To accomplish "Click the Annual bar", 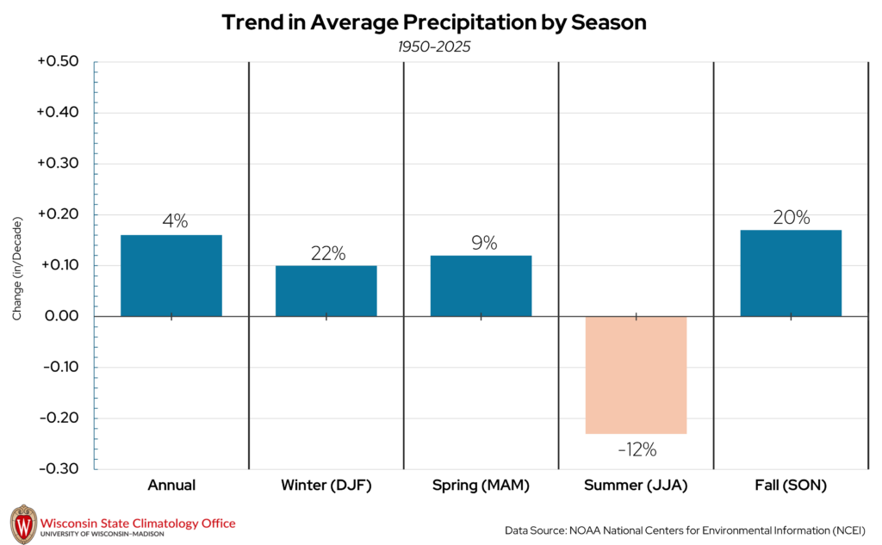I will point(171,276).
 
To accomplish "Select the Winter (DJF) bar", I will point(326,291).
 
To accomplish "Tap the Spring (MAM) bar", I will point(481,286).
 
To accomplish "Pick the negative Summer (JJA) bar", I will point(636,375).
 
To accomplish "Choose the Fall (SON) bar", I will point(791,273).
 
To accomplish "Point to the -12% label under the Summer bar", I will point(636,449).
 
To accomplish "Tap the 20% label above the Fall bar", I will point(791,218).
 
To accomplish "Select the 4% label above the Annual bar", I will point(175,221).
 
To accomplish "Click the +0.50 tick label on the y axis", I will point(58,62).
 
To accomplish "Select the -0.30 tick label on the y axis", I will point(58,469).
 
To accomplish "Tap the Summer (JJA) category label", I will point(636,486).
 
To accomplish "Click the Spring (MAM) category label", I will point(481,486).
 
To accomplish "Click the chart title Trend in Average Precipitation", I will point(433,22).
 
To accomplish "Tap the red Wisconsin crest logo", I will point(23,523).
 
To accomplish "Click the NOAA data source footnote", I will point(685,529).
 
